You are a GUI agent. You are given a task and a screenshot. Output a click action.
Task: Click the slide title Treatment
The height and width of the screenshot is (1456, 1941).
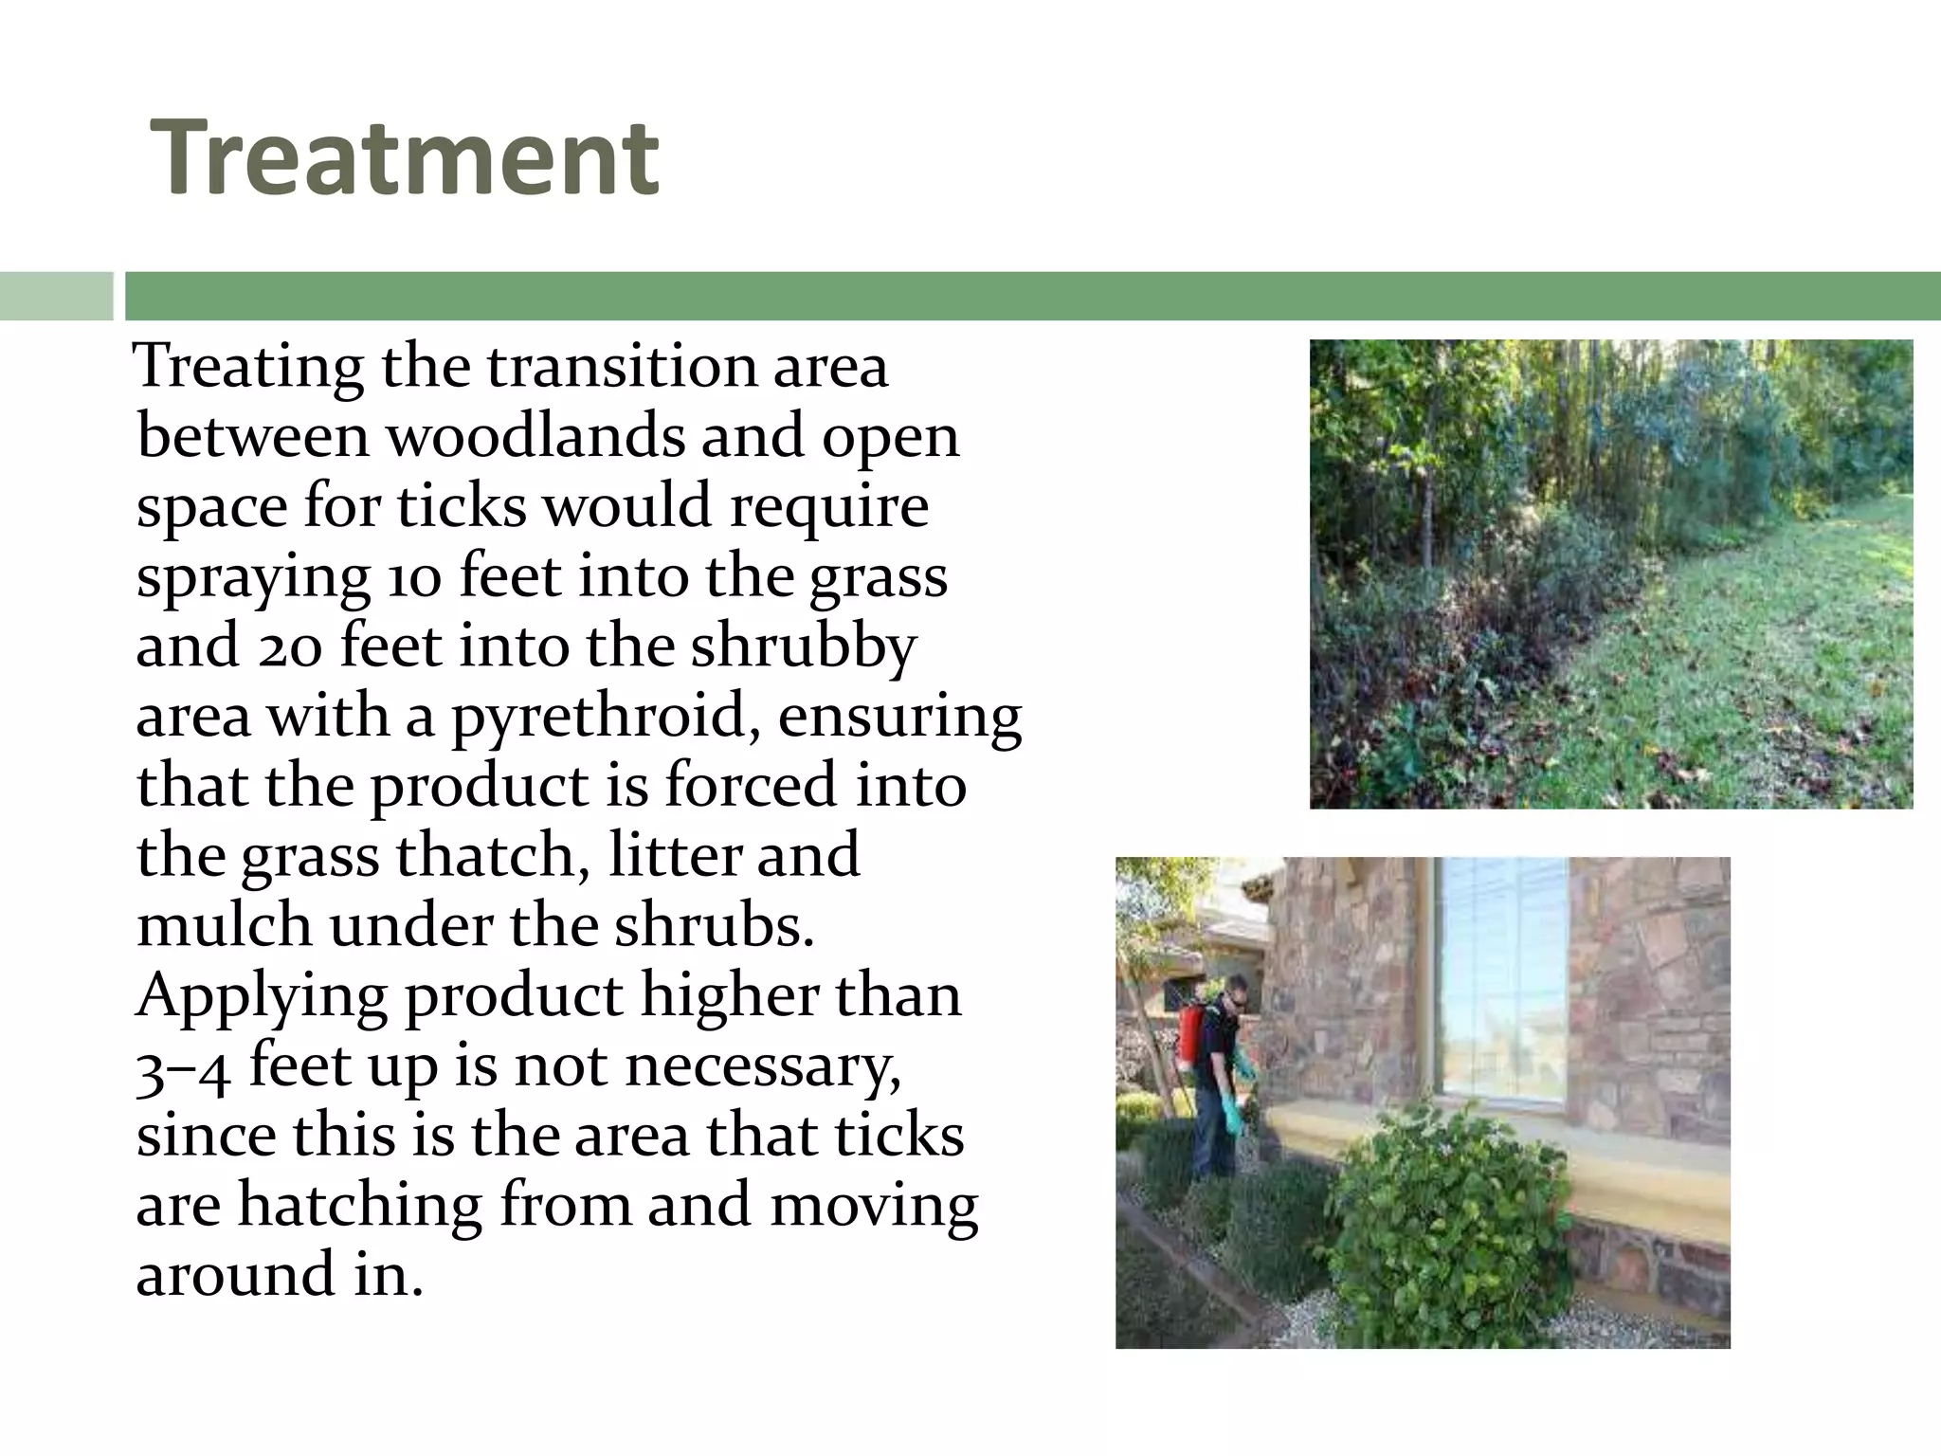coord(405,157)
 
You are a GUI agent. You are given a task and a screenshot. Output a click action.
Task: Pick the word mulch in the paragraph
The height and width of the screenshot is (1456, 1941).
coord(224,926)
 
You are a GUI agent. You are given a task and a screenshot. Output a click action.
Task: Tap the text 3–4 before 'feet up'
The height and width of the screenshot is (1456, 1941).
coord(183,1068)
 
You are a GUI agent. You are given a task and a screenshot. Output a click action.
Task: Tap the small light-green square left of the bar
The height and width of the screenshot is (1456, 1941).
coord(56,296)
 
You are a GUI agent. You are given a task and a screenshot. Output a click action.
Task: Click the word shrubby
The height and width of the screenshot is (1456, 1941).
coord(803,647)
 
